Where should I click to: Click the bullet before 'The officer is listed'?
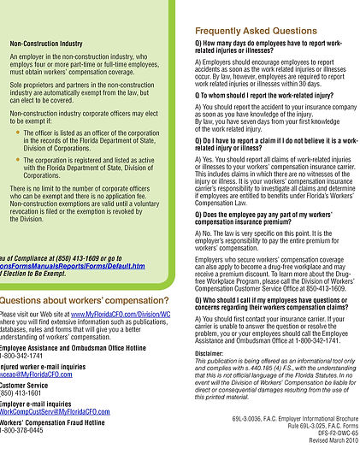pos(18,133)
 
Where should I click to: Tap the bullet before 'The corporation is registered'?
pos(18,159)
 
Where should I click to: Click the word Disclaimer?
pos(209,352)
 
